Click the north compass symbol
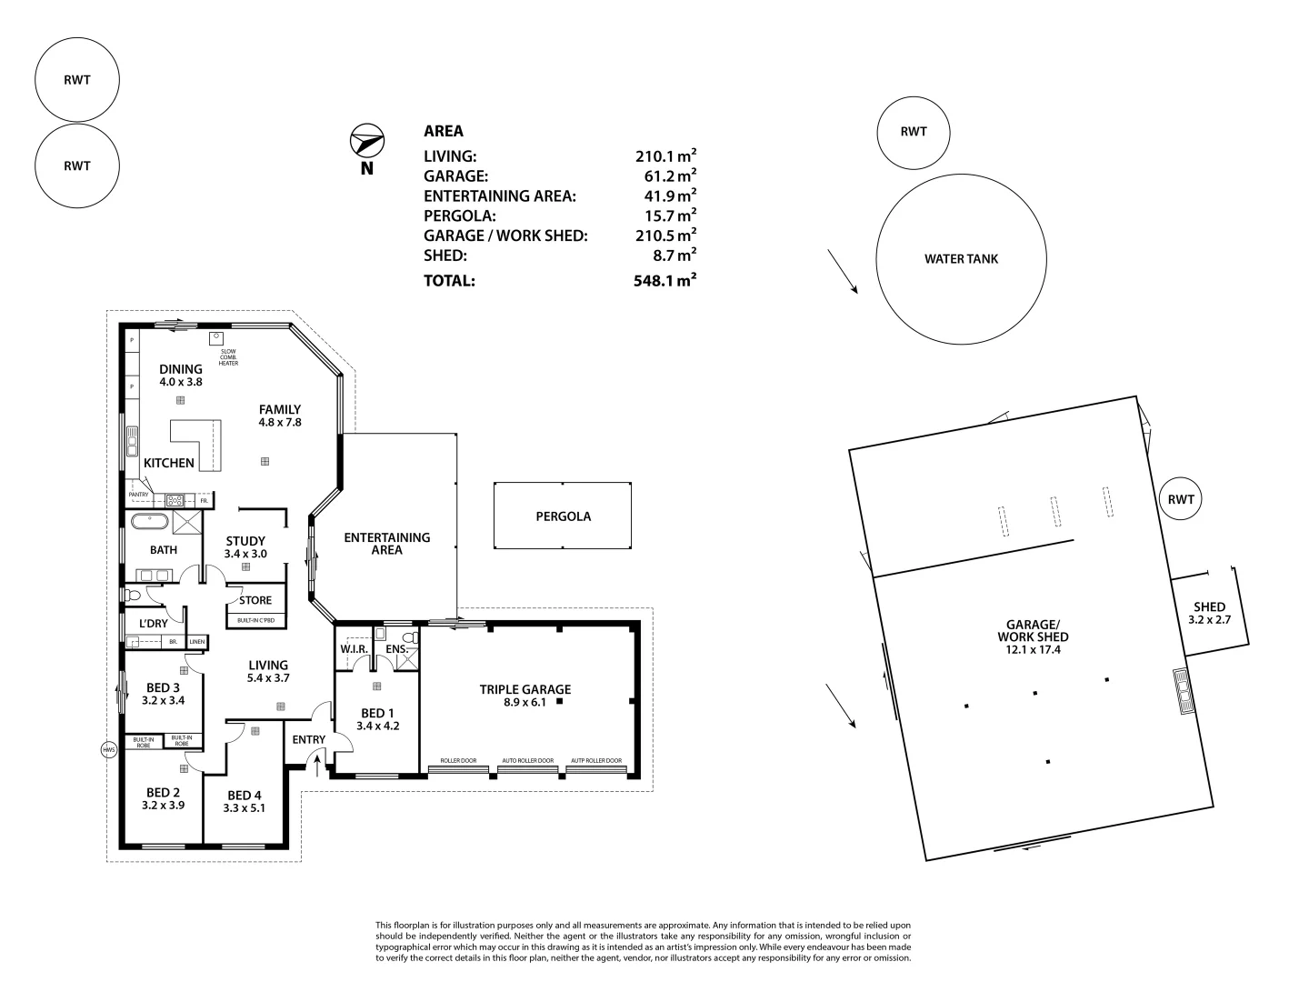point(366,142)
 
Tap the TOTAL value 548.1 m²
point(664,280)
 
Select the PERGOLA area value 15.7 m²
point(664,215)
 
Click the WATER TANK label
point(961,259)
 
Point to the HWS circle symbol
point(109,750)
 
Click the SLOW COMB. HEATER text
point(227,357)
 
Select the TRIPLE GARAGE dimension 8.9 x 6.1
point(525,702)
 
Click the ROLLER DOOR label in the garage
point(458,760)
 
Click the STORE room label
point(255,600)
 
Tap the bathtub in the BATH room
point(149,522)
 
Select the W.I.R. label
point(353,649)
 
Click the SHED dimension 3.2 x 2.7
point(1209,620)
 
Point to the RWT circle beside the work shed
point(1181,499)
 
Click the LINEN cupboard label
point(197,642)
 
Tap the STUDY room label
point(245,541)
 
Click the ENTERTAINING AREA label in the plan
point(386,544)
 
